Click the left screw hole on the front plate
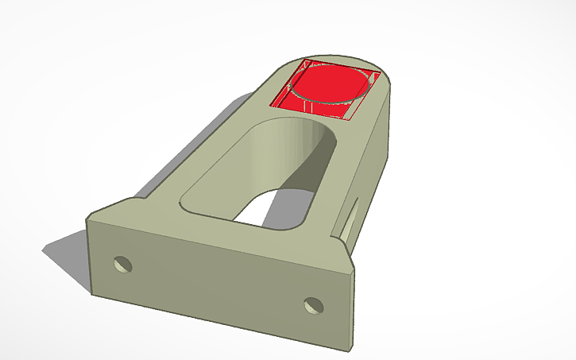point(122,264)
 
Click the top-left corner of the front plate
point(90,223)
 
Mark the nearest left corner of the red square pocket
point(272,106)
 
